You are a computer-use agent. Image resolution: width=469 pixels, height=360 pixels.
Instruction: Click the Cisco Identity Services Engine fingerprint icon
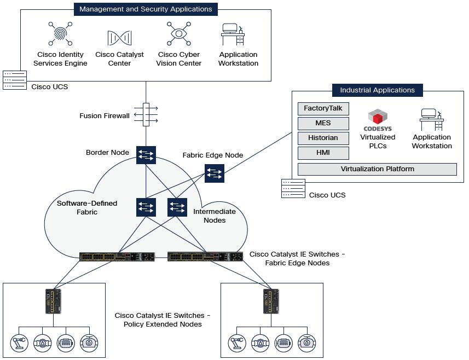[x=60, y=34]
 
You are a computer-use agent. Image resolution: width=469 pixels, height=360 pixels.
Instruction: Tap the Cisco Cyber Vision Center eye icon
[x=179, y=34]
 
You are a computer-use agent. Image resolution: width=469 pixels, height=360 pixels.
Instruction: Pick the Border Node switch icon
[x=146, y=155]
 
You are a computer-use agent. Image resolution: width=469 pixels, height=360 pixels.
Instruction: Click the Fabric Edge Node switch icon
[x=214, y=173]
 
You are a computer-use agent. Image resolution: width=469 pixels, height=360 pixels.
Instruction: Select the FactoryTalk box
[x=323, y=108]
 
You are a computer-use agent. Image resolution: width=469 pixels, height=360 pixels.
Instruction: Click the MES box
[x=323, y=123]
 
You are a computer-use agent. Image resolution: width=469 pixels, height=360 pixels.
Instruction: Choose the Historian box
[x=323, y=138]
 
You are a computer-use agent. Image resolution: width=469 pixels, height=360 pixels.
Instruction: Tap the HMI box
[x=323, y=153]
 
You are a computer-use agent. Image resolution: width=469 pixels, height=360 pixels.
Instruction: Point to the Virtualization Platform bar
[x=377, y=169]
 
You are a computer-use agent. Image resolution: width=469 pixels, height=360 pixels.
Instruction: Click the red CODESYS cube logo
[x=377, y=117]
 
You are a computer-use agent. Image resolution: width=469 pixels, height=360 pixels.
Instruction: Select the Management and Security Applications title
[x=146, y=9]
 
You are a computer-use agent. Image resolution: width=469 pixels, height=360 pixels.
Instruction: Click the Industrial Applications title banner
[x=377, y=90]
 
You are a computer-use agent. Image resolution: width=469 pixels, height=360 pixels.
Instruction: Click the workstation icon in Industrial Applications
[x=432, y=119]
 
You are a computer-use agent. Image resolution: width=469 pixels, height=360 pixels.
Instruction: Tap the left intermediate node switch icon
[x=146, y=207]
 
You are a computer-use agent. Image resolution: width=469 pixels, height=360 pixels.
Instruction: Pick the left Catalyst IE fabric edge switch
[x=117, y=257]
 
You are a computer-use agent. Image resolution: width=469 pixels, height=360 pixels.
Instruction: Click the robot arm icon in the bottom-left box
[x=19, y=343]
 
